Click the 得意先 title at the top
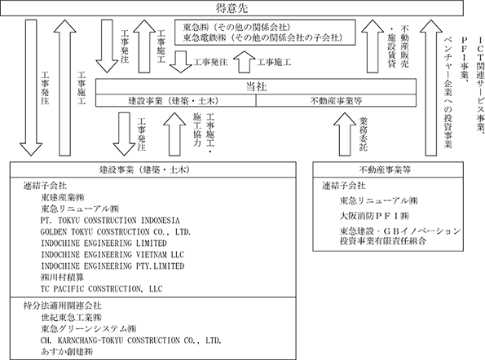pos(231,8)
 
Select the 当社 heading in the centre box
pos(256,87)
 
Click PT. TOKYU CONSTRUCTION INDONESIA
pos(110,221)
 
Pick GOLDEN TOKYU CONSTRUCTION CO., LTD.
pos(116,232)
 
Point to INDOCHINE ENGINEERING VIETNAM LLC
pos(112,255)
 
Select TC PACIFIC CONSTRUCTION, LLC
pos(101,288)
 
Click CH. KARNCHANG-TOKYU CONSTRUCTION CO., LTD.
pos(131,340)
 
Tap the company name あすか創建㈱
pos(67,351)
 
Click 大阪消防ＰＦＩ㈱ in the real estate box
pos(374,216)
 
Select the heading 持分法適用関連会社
pos(63,305)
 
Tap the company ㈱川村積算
pos(62,277)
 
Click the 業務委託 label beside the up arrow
pos(363,134)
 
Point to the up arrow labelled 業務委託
pos(345,134)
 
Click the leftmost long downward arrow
pos(31,88)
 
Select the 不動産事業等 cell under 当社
pos(336,101)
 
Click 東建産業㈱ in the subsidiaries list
pos(62,197)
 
